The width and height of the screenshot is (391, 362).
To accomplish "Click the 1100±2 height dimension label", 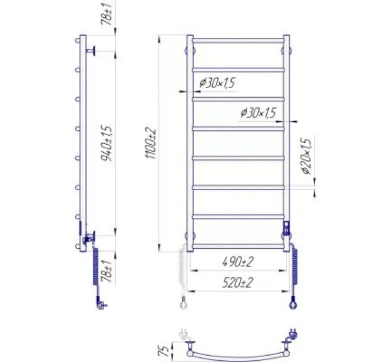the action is pyautogui.click(x=151, y=144).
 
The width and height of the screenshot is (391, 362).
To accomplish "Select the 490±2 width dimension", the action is pyautogui.click(x=237, y=262).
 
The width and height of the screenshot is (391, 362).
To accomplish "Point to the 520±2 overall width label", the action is pyautogui.click(x=237, y=283).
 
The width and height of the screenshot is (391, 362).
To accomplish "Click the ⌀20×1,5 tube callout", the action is pyautogui.click(x=306, y=156).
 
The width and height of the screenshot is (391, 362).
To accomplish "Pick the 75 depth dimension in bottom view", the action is pyautogui.click(x=163, y=349).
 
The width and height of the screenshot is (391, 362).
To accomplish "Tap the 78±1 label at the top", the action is pyautogui.click(x=106, y=14).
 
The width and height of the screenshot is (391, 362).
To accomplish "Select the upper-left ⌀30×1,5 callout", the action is pyautogui.click(x=217, y=83).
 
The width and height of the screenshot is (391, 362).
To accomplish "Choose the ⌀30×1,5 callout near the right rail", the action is pyautogui.click(x=259, y=113).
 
